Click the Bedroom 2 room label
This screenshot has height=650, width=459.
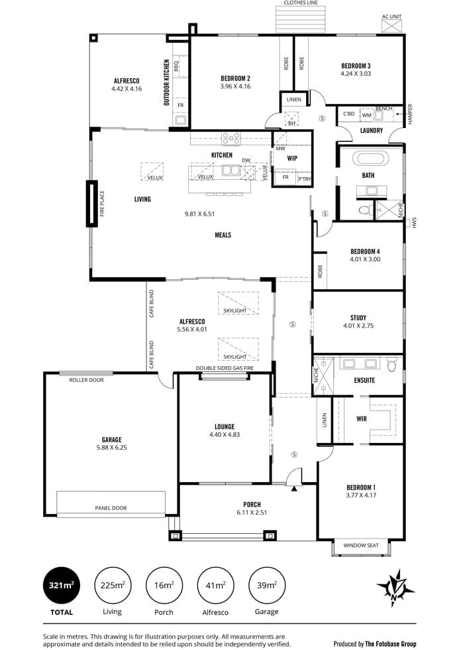[235, 78]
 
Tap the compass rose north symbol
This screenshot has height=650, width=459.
[395, 588]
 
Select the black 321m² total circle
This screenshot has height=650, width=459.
[61, 585]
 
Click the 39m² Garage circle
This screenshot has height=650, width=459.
[266, 585]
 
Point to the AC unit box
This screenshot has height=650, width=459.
[391, 26]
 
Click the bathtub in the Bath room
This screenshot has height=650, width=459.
[371, 159]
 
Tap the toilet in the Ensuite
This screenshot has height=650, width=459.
[391, 364]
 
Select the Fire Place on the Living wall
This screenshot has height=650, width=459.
[92, 204]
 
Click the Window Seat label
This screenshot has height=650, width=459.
[361, 545]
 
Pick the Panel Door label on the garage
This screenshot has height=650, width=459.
[111, 508]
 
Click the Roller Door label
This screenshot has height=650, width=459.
[86, 379]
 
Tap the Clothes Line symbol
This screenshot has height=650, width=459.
[301, 19]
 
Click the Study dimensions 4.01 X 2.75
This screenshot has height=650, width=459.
[358, 326]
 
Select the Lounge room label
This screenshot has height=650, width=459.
[225, 426]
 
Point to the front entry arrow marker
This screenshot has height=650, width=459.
[294, 489]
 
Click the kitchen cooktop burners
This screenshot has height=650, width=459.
[231, 138]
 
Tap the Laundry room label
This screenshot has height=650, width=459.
[372, 131]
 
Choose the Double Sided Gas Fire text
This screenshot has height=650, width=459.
[225, 367]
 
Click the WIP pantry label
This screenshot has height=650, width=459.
[292, 158]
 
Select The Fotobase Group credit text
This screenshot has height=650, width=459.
[390, 644]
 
